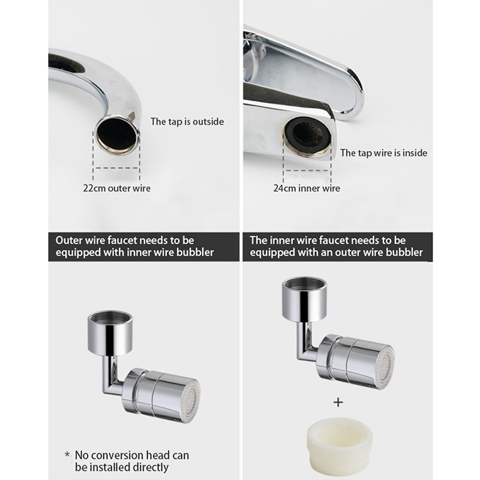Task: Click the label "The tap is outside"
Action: (x=187, y=122)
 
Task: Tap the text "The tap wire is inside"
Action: (x=383, y=153)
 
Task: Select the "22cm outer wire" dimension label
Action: (x=116, y=188)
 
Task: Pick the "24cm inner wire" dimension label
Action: (x=307, y=188)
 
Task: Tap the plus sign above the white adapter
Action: (x=338, y=402)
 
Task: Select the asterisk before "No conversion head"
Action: (x=67, y=454)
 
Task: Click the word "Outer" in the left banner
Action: (x=69, y=241)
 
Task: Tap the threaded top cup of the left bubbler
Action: (x=110, y=333)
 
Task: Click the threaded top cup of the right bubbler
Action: (x=304, y=300)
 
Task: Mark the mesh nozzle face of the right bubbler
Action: (x=386, y=366)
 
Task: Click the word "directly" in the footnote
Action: (x=151, y=467)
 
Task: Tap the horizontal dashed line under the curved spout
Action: (x=116, y=168)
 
